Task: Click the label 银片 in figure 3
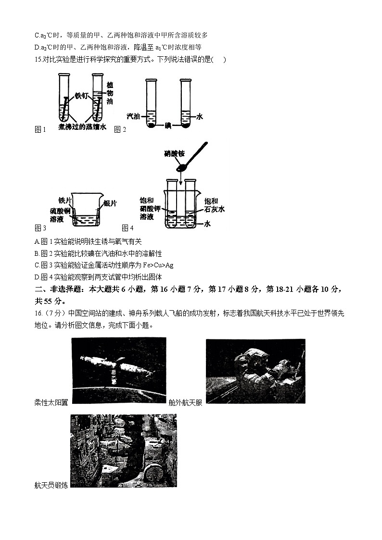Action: pyautogui.click(x=110, y=203)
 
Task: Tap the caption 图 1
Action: pyautogui.click(x=40, y=129)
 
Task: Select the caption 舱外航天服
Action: pyautogui.click(x=185, y=402)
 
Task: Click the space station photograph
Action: pyautogui.click(x=118, y=369)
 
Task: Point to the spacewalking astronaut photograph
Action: pyautogui.click(x=255, y=371)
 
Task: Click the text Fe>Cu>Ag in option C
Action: pyautogui.click(x=158, y=265)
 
